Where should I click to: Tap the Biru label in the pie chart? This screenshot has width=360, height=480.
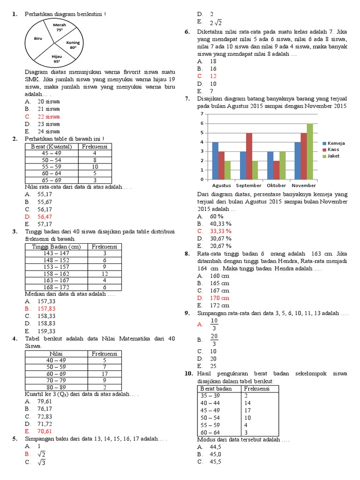click(x=38, y=39)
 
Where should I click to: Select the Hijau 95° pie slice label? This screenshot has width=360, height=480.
click(x=57, y=59)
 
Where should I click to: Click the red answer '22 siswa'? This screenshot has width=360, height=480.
click(x=48, y=117)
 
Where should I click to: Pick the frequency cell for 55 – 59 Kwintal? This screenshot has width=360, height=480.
click(x=95, y=166)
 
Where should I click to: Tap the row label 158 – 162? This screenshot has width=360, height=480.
click(x=56, y=274)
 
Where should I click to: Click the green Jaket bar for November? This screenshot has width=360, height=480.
click(x=309, y=151)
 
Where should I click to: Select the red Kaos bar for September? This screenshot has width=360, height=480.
click(x=249, y=156)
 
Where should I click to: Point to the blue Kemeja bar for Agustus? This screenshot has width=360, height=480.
click(x=215, y=160)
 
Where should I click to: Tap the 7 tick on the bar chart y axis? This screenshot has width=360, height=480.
click(x=202, y=114)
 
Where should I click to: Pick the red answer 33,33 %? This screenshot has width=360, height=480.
click(x=221, y=231)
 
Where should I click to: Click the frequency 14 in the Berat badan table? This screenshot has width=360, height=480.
click(x=247, y=403)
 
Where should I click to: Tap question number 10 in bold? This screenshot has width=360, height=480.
click(x=188, y=374)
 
